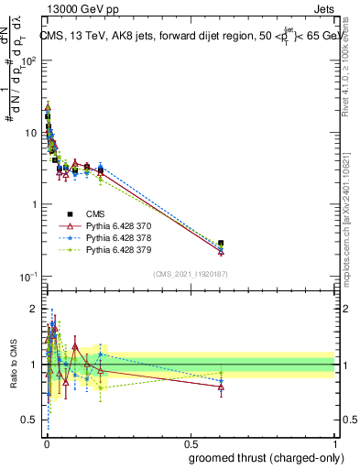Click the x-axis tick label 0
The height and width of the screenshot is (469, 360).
click(46, 443)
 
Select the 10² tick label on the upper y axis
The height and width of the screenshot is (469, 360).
click(28, 61)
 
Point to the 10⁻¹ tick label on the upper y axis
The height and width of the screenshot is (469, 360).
click(28, 276)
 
